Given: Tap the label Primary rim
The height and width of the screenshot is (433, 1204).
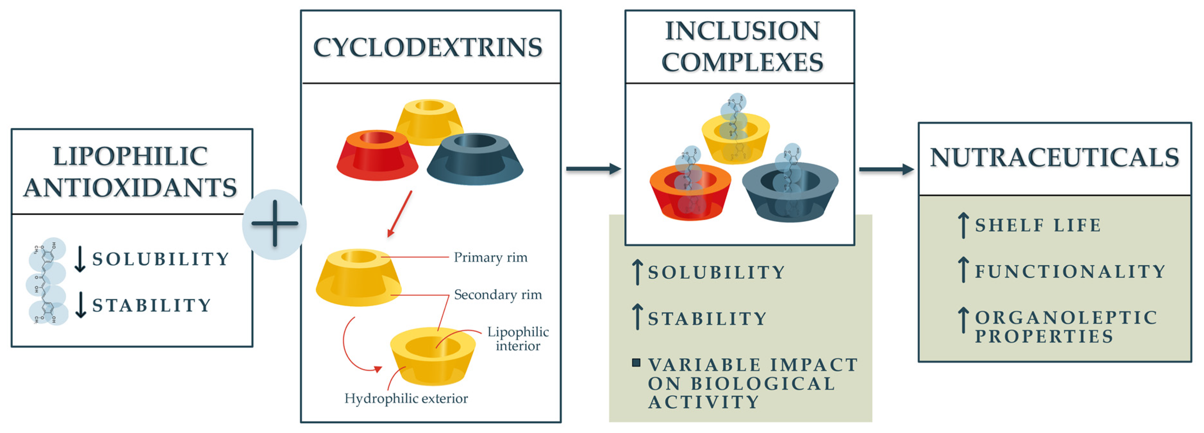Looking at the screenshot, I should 490,257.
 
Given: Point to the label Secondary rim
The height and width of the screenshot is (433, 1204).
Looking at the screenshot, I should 498,294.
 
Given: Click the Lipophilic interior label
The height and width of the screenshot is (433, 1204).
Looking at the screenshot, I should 518,339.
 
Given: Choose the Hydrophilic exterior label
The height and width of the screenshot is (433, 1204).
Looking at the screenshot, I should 406,398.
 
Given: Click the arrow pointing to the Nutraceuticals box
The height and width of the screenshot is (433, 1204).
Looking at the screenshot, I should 886,169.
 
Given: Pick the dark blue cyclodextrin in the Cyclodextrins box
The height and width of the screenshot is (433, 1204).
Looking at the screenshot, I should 475,159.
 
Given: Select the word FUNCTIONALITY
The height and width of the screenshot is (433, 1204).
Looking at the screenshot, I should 1070,272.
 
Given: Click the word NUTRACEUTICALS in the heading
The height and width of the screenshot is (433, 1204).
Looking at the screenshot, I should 1054,157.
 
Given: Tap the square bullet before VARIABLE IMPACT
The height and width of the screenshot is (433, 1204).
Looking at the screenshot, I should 636,362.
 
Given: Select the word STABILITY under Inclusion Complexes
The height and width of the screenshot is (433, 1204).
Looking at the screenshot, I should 707,319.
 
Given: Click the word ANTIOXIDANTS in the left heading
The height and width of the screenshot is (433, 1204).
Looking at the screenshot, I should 130,188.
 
